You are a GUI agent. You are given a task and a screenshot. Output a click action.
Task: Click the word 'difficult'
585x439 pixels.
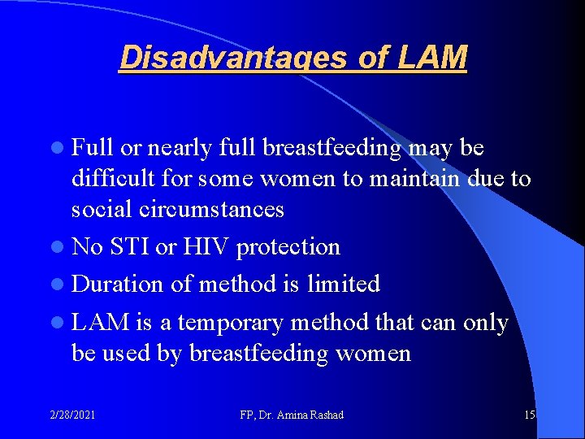point(110,178)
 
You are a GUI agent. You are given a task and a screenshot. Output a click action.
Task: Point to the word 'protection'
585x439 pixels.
point(288,246)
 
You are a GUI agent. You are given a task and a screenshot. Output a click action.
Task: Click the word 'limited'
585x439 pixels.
point(344,284)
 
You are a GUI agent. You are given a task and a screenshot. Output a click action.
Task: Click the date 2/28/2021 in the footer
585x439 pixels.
point(71,415)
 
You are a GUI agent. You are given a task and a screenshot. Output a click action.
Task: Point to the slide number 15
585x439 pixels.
point(529,415)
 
